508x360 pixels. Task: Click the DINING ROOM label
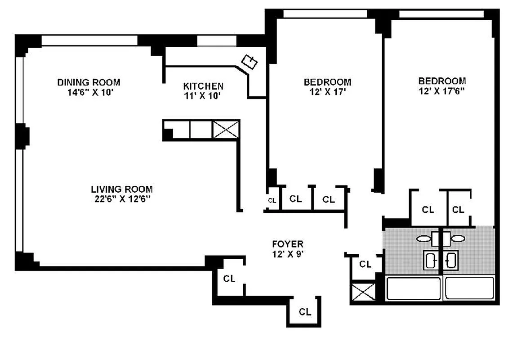(x=89, y=82)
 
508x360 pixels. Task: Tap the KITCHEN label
(x=203, y=86)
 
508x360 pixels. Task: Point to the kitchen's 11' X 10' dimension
(x=203, y=95)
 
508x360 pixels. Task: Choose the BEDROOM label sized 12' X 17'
(x=327, y=82)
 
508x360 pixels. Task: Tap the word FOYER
(x=288, y=244)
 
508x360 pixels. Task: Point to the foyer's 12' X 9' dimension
(x=288, y=253)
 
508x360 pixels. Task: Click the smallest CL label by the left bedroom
(x=272, y=201)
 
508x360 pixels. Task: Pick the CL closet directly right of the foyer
(x=365, y=264)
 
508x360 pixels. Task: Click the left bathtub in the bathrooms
(x=413, y=288)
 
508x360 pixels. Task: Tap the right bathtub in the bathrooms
(x=469, y=288)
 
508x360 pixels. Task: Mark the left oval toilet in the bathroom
(x=423, y=239)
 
